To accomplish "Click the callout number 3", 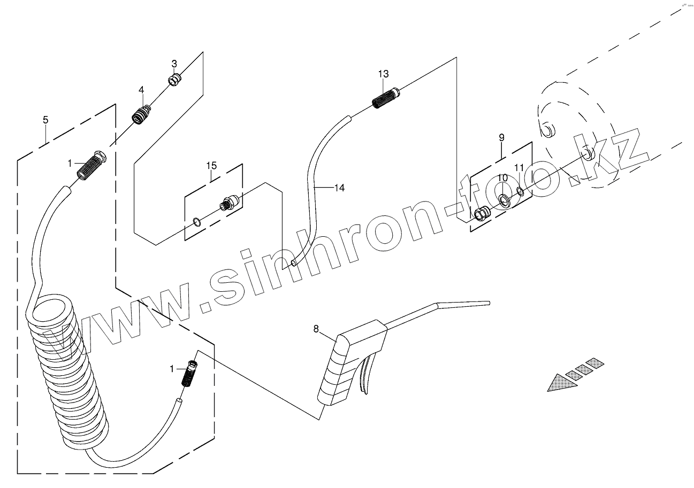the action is point(174,64).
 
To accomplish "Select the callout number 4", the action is point(141,90).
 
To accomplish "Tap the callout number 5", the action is point(45,120).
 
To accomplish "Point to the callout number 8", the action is point(316,329).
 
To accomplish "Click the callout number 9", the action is point(501,137).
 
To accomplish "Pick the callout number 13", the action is point(383,74).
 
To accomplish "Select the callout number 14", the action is point(339,188).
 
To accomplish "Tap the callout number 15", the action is point(211,166).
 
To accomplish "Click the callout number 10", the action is point(503,177).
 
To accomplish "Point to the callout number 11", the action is point(519,168).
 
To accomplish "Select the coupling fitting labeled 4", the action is point(141,114).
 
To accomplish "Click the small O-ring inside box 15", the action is point(197,221).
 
